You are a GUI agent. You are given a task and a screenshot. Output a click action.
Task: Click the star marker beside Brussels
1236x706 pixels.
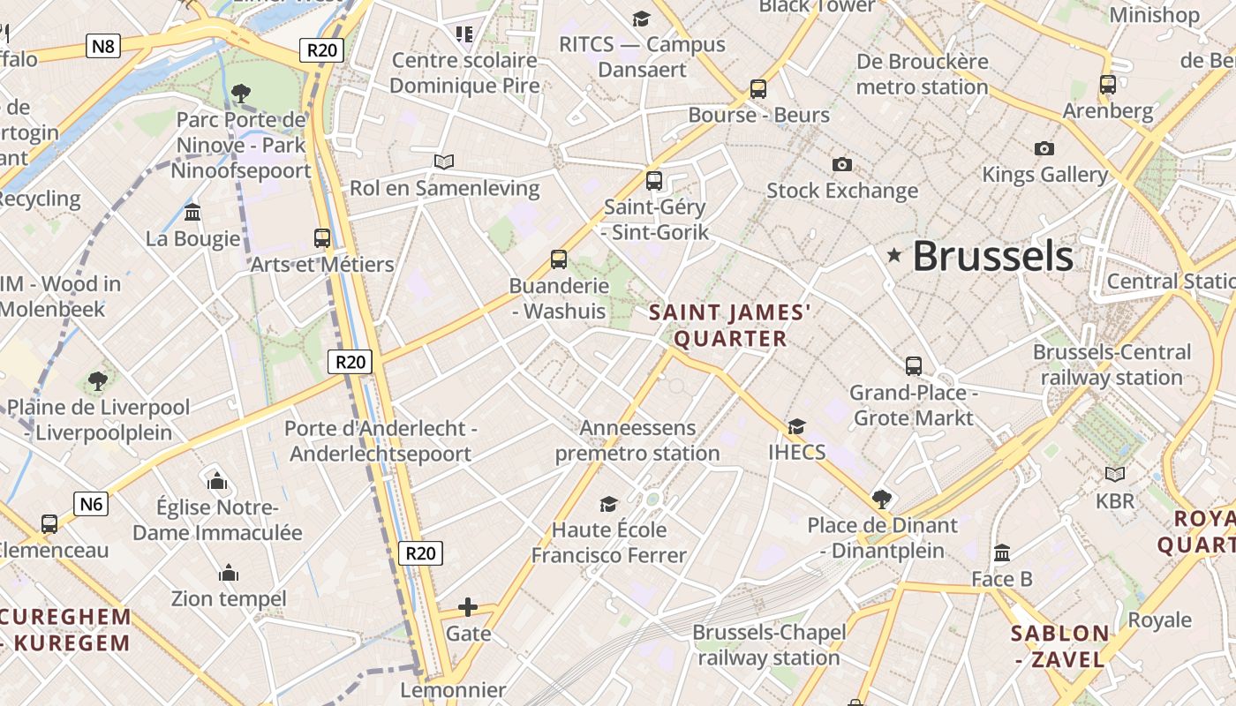click(894, 256)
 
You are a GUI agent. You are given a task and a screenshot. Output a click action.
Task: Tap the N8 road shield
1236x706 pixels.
click(103, 46)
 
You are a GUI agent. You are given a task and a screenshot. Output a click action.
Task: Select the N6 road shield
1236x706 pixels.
click(91, 504)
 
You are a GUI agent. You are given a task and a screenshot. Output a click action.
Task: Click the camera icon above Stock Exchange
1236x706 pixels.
click(842, 164)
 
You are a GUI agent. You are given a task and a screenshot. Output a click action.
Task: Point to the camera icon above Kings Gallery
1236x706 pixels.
click(1044, 148)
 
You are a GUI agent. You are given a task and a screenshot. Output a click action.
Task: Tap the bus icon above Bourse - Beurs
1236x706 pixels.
click(758, 88)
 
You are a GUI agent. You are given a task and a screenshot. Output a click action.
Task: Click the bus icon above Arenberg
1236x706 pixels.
click(1108, 85)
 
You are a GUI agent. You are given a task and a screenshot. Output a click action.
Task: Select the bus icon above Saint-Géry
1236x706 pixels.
click(654, 180)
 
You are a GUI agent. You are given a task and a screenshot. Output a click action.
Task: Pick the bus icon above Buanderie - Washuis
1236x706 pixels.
click(559, 259)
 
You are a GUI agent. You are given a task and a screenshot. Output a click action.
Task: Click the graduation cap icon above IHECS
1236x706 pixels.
click(796, 426)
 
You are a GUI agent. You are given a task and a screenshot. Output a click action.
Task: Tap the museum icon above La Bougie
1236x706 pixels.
click(192, 212)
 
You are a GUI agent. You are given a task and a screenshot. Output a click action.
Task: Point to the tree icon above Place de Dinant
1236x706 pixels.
click(881, 499)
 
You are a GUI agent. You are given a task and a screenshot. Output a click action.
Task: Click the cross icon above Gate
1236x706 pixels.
click(468, 607)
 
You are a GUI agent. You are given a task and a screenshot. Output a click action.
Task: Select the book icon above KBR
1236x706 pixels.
click(1115, 475)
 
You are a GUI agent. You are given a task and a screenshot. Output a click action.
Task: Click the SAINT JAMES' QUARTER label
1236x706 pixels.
click(730, 326)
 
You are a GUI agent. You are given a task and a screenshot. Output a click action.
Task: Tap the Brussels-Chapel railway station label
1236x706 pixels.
click(769, 645)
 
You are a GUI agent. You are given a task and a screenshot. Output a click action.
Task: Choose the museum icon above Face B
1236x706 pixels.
click(1002, 553)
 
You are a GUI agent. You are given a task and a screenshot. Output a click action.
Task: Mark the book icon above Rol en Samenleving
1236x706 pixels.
click(444, 161)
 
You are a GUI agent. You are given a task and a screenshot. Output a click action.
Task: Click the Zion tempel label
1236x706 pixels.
click(229, 599)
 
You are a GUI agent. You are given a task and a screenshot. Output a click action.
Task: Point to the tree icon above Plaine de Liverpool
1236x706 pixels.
click(98, 381)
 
